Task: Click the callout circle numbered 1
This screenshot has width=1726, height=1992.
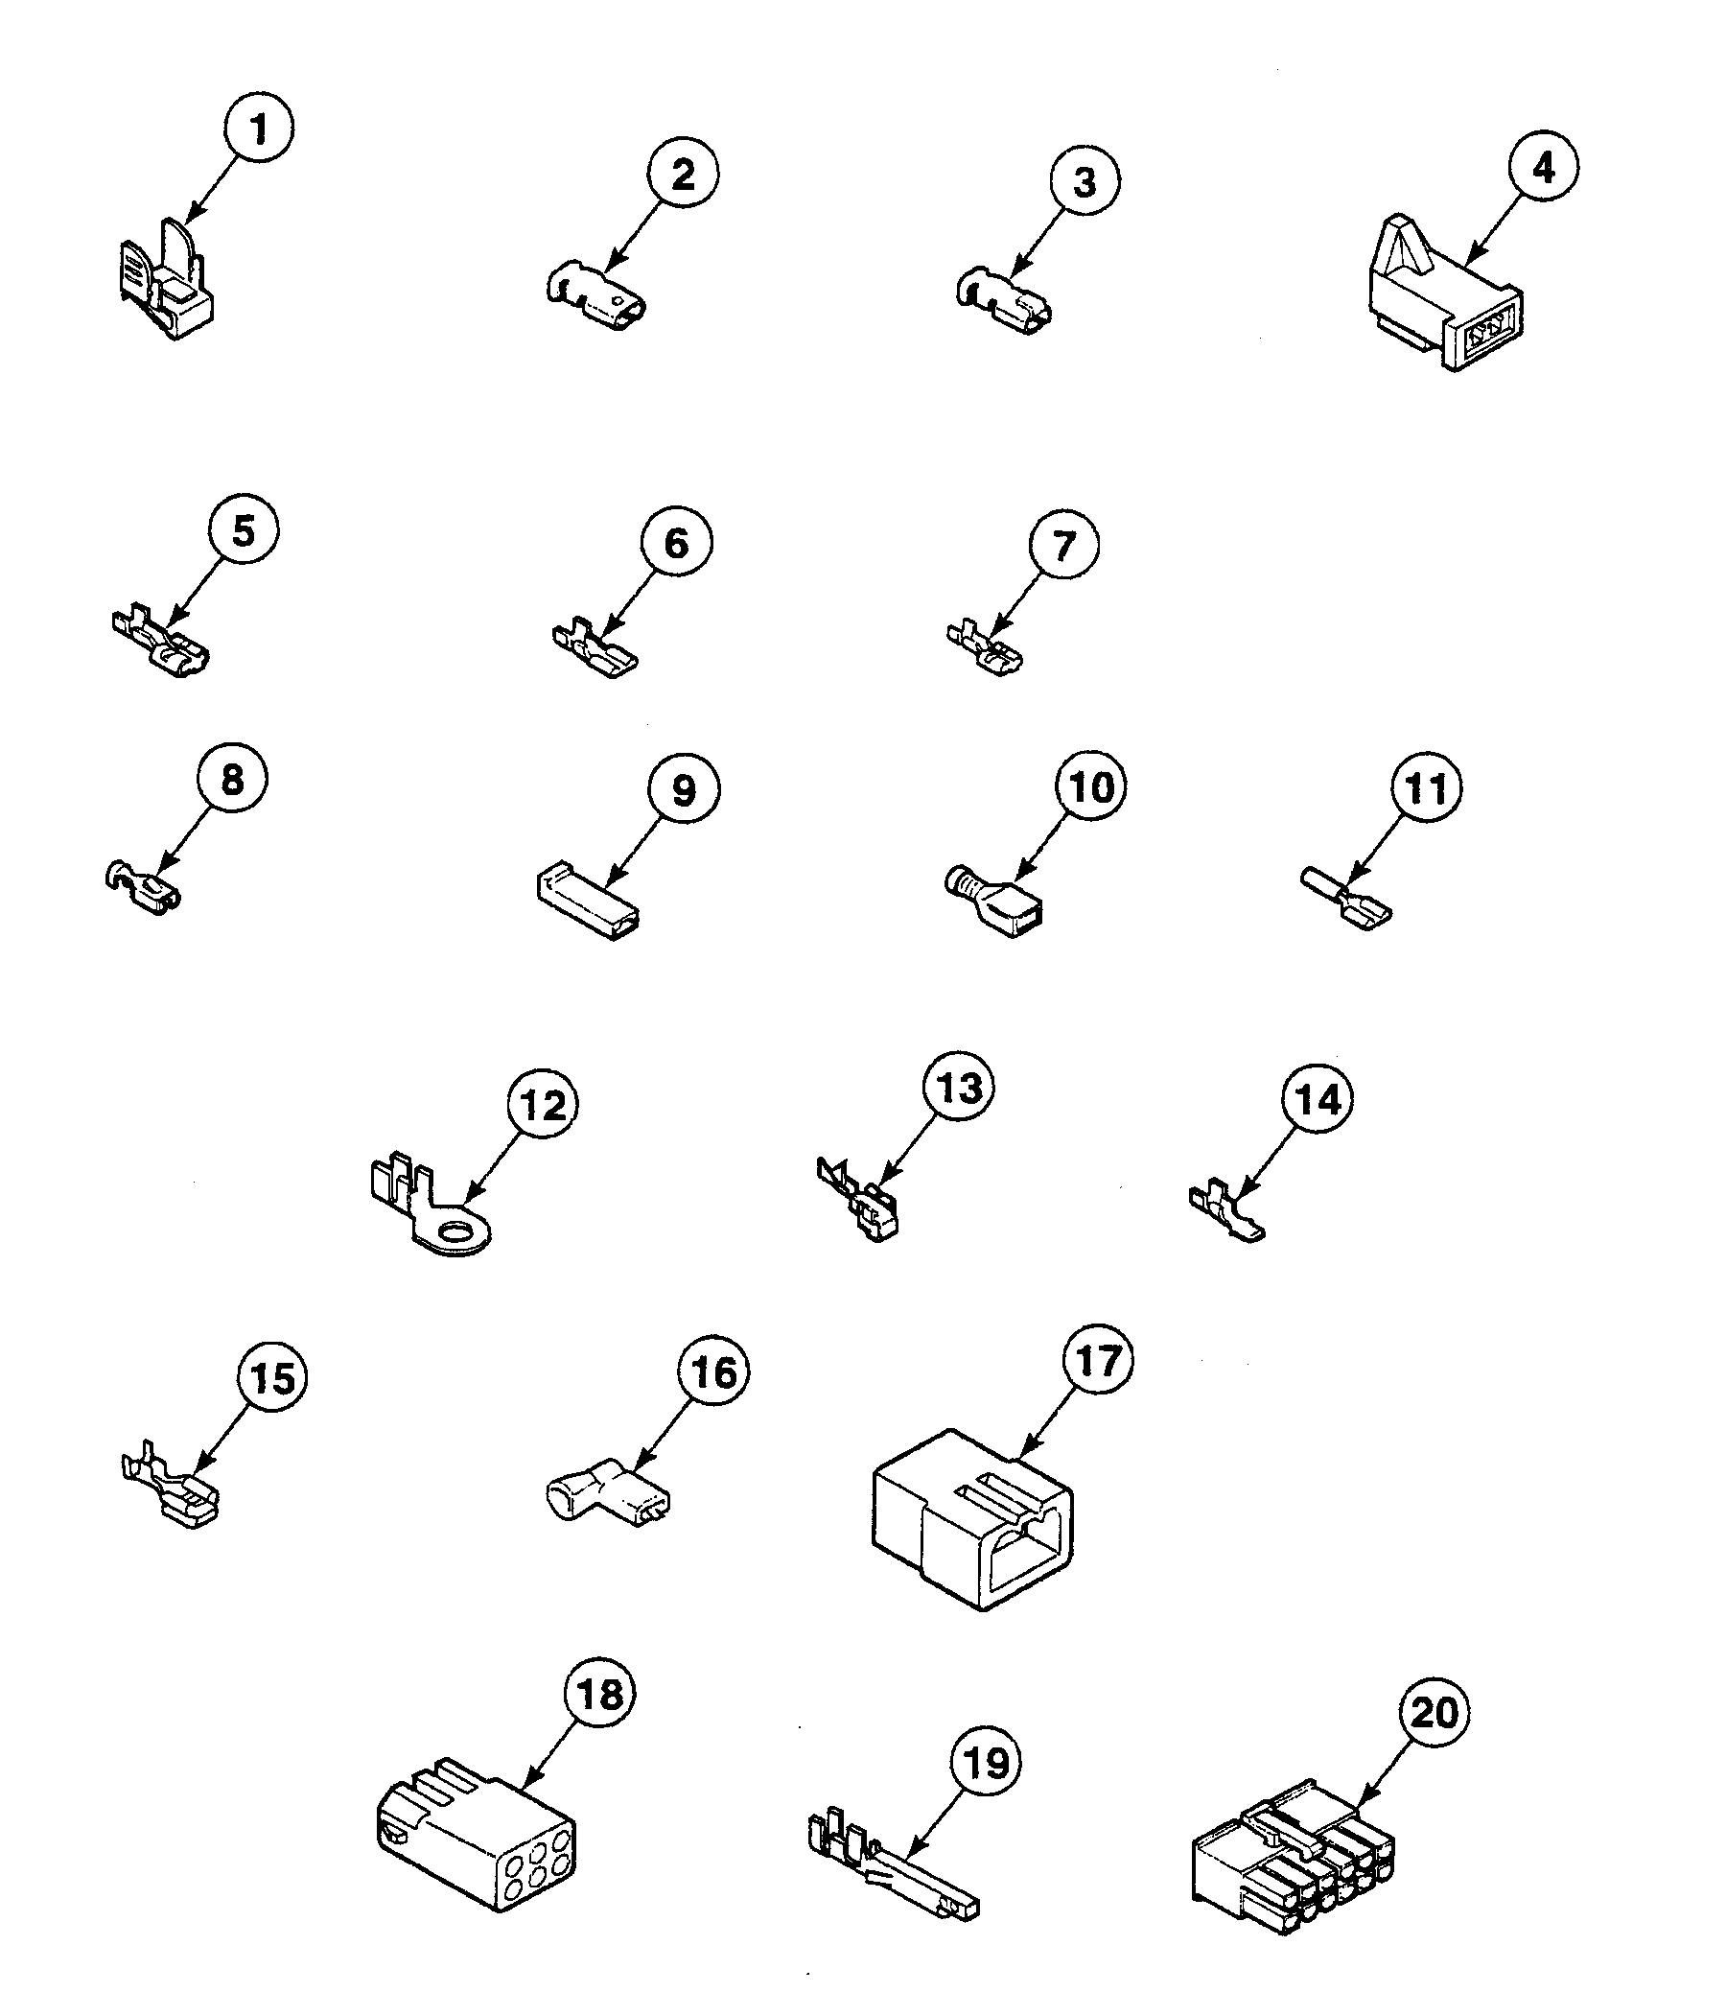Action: (x=258, y=129)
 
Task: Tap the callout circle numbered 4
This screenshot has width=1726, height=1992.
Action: (x=1543, y=167)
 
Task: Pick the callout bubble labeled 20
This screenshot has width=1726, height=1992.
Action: (x=1434, y=1712)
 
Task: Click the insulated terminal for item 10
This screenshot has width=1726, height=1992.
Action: (x=997, y=901)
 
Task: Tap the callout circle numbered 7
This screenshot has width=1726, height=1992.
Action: (x=1063, y=546)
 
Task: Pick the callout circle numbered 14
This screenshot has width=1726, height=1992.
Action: (x=1318, y=1099)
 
